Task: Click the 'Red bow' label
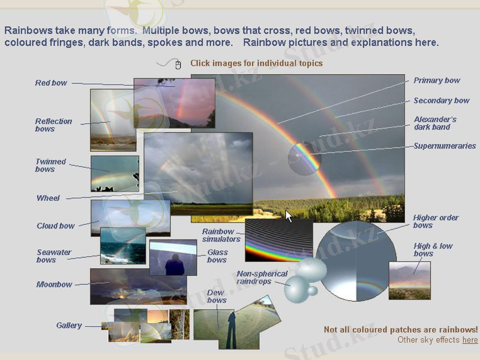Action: [x=51, y=83]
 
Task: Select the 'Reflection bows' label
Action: [x=53, y=125]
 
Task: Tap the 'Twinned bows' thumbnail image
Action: [x=115, y=173]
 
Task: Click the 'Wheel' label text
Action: [x=48, y=198]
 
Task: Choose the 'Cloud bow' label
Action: [x=56, y=226]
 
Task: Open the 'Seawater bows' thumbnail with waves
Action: [x=123, y=246]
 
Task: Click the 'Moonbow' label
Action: [x=54, y=284]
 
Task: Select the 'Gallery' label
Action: [x=69, y=325]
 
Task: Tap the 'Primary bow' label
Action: [x=437, y=80]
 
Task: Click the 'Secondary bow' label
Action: [x=442, y=101]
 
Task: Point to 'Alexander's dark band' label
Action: [x=435, y=123]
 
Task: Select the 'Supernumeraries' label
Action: [x=445, y=146]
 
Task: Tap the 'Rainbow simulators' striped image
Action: [x=279, y=239]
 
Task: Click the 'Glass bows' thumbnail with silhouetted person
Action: [x=173, y=257]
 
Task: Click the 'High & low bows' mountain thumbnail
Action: [x=410, y=280]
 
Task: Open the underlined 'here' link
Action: [x=470, y=340]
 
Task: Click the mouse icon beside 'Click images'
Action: [x=178, y=64]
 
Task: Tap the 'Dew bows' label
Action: [x=217, y=296]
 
